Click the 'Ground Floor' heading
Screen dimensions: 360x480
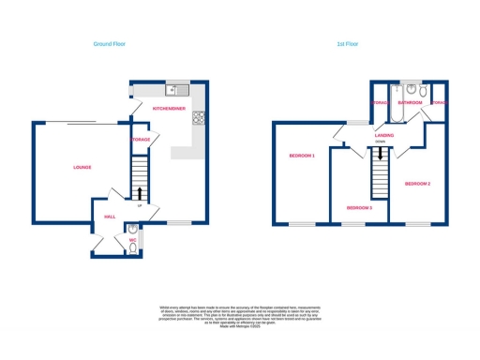pyautogui.click(x=110, y=43)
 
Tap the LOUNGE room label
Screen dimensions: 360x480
pyautogui.click(x=82, y=167)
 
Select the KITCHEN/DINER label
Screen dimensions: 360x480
pyautogui.click(x=169, y=110)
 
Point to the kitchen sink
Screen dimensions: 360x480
pyautogui.click(x=172, y=90)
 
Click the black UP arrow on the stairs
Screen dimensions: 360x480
pyautogui.click(x=140, y=192)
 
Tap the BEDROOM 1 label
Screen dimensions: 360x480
pyautogui.click(x=301, y=156)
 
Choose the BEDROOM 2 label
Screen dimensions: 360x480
pyautogui.click(x=417, y=184)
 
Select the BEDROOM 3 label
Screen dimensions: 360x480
pyautogui.click(x=359, y=207)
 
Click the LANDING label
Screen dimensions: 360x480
pyautogui.click(x=383, y=135)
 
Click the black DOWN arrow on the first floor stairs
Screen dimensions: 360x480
pyautogui.click(x=380, y=162)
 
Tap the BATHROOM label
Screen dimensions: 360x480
pyautogui.click(x=410, y=102)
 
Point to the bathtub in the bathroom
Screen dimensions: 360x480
pyautogui.click(x=394, y=112)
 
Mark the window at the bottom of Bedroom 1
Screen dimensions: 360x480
pyautogui.click(x=301, y=224)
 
